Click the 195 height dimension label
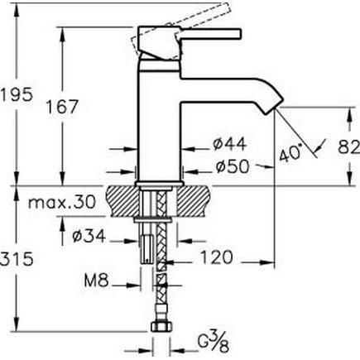[x=17, y=95]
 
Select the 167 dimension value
[x=62, y=107]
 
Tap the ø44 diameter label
[x=229, y=144]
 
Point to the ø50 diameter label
[x=233, y=166]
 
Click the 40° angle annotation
[x=290, y=152]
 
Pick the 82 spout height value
[x=348, y=147]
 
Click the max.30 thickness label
[x=62, y=202]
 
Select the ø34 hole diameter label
[x=89, y=236]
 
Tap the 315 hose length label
[x=17, y=259]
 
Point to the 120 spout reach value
[x=217, y=257]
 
